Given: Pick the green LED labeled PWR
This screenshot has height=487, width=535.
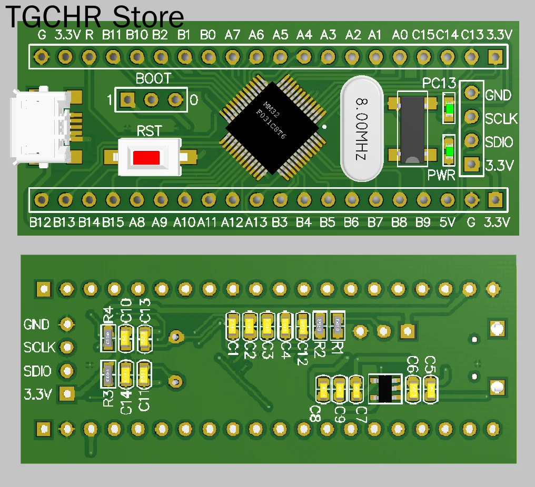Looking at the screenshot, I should pyautogui.click(x=449, y=151).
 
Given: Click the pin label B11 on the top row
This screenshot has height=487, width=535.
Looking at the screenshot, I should pyautogui.click(x=112, y=35).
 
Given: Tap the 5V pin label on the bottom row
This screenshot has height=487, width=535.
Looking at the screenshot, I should pyautogui.click(x=447, y=222).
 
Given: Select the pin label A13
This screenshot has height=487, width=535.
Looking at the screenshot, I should pyautogui.click(x=256, y=222).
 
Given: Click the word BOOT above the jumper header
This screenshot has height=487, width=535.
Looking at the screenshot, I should pyautogui.click(x=153, y=79).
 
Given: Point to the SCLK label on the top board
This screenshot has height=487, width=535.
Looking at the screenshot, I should pyautogui.click(x=501, y=119).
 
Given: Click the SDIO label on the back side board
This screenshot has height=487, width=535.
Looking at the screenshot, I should pyautogui.click(x=37, y=371).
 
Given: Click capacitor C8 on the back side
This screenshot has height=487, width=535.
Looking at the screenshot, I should pyautogui.click(x=323, y=390).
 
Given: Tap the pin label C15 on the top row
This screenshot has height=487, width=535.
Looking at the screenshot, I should pyautogui.click(x=423, y=35).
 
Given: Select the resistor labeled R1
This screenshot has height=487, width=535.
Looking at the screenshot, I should pyautogui.click(x=338, y=325).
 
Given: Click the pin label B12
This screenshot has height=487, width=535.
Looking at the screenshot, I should pyautogui.click(x=40, y=222).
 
